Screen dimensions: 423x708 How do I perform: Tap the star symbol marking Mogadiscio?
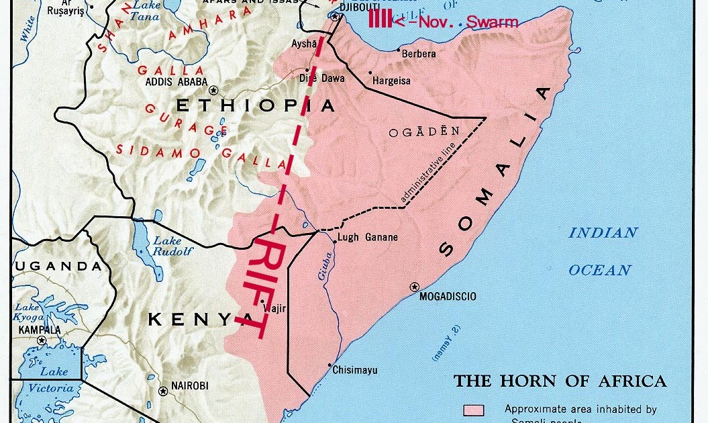pos(414,287)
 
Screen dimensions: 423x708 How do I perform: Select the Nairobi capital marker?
pos(162,391)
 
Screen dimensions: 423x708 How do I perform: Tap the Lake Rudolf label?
pos(172,246)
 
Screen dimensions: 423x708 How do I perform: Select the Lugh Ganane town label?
pos(367,237)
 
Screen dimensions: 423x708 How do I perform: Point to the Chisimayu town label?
pos(354,370)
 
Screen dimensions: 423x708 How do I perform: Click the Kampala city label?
pos(40,330)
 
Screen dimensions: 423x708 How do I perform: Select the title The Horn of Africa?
pos(560,381)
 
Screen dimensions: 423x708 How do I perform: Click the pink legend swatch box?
pos(474,410)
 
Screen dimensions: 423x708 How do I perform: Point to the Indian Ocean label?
pos(601,251)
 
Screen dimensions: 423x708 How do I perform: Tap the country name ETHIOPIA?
pos(254,105)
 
